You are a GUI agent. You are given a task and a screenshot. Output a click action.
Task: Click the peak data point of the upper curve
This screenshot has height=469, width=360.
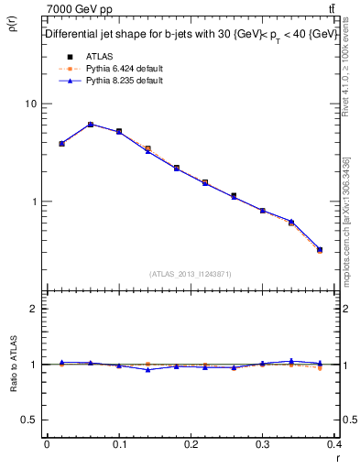click(x=91, y=125)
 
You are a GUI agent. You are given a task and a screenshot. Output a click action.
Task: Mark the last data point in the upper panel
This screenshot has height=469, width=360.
click(x=320, y=249)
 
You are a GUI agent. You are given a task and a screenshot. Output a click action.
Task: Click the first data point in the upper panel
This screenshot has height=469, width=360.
click(x=61, y=144)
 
